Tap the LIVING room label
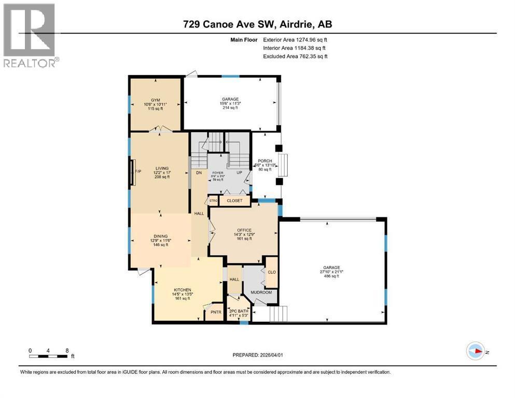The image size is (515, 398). pyautogui.click(x=159, y=168)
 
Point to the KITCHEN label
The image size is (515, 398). pyautogui.click(x=183, y=290)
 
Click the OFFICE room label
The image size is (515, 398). pyautogui.click(x=244, y=230)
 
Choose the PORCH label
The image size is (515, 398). pyautogui.click(x=265, y=161)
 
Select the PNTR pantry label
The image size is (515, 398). pyautogui.click(x=215, y=312)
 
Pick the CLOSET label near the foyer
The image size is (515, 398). pyautogui.click(x=234, y=201)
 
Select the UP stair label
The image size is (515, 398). pyautogui.click(x=241, y=173)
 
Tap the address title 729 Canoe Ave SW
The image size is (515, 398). pyautogui.click(x=257, y=24)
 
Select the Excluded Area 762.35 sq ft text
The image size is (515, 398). pyautogui.click(x=295, y=56)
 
